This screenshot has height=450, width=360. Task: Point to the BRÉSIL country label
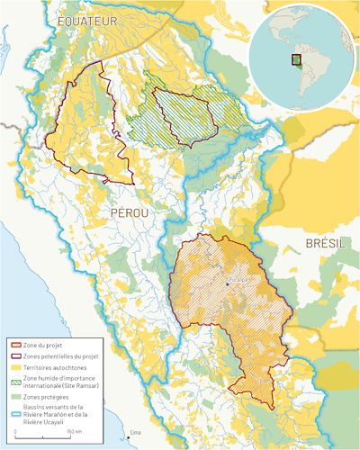click(326, 244)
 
